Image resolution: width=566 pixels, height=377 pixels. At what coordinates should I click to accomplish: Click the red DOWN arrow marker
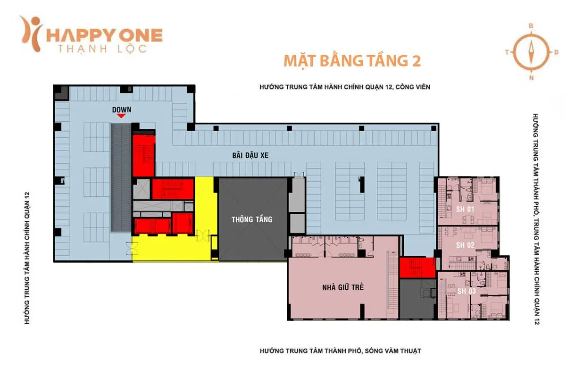tap(121, 116)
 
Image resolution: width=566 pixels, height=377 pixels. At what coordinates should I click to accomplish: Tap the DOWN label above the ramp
tap(121, 109)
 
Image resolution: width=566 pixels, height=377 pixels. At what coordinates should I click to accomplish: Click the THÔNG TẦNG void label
tap(252, 219)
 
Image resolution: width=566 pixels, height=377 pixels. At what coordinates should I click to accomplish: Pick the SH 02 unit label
tap(465, 245)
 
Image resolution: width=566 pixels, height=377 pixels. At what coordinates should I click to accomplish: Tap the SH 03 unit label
tap(466, 291)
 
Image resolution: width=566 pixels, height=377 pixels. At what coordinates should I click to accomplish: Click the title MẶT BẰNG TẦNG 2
tap(351, 61)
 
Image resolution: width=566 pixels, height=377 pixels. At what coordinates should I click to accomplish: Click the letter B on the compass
tap(531, 26)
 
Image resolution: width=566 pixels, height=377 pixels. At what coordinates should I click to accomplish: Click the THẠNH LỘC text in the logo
tap(101, 48)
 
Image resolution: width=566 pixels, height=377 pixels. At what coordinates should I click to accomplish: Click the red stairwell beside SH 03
tap(417, 268)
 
